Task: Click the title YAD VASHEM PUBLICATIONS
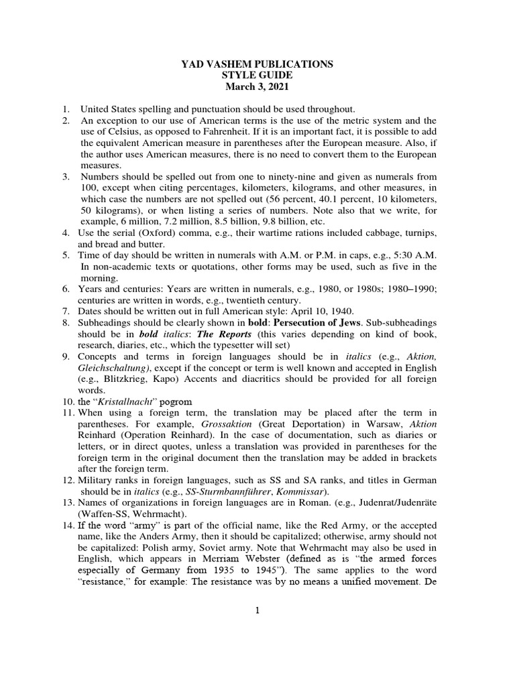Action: point(257,64)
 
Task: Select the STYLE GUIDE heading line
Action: point(257,76)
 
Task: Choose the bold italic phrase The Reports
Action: point(215,335)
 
